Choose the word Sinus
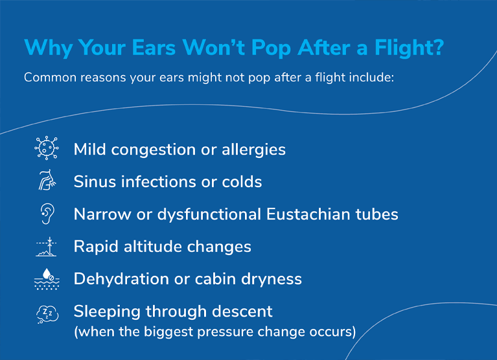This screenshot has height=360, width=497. click(x=93, y=182)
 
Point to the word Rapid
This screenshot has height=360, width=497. click(x=94, y=247)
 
